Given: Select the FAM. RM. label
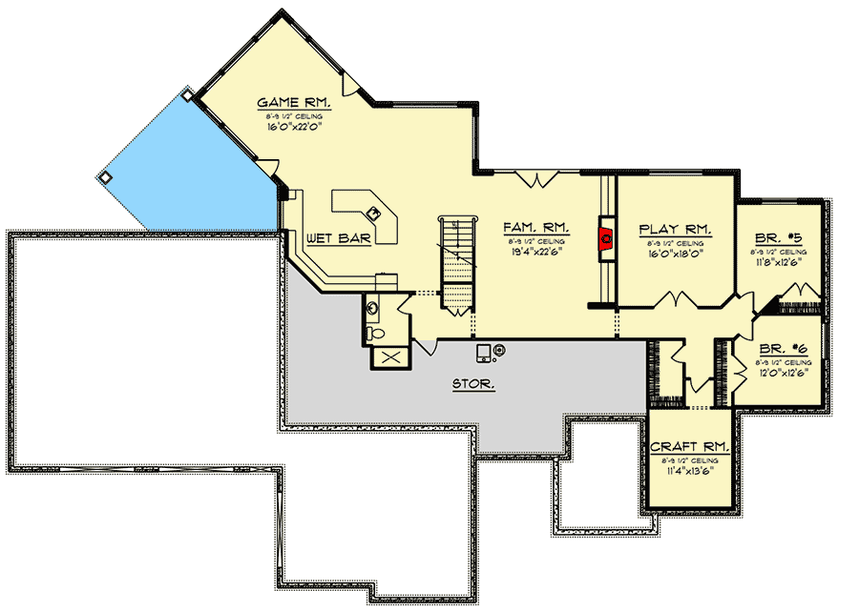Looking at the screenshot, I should tap(536, 229).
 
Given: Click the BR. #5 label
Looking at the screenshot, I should tap(778, 237).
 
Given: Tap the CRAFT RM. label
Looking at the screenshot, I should tap(690, 446).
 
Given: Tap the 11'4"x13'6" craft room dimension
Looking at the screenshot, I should tap(690, 470).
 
